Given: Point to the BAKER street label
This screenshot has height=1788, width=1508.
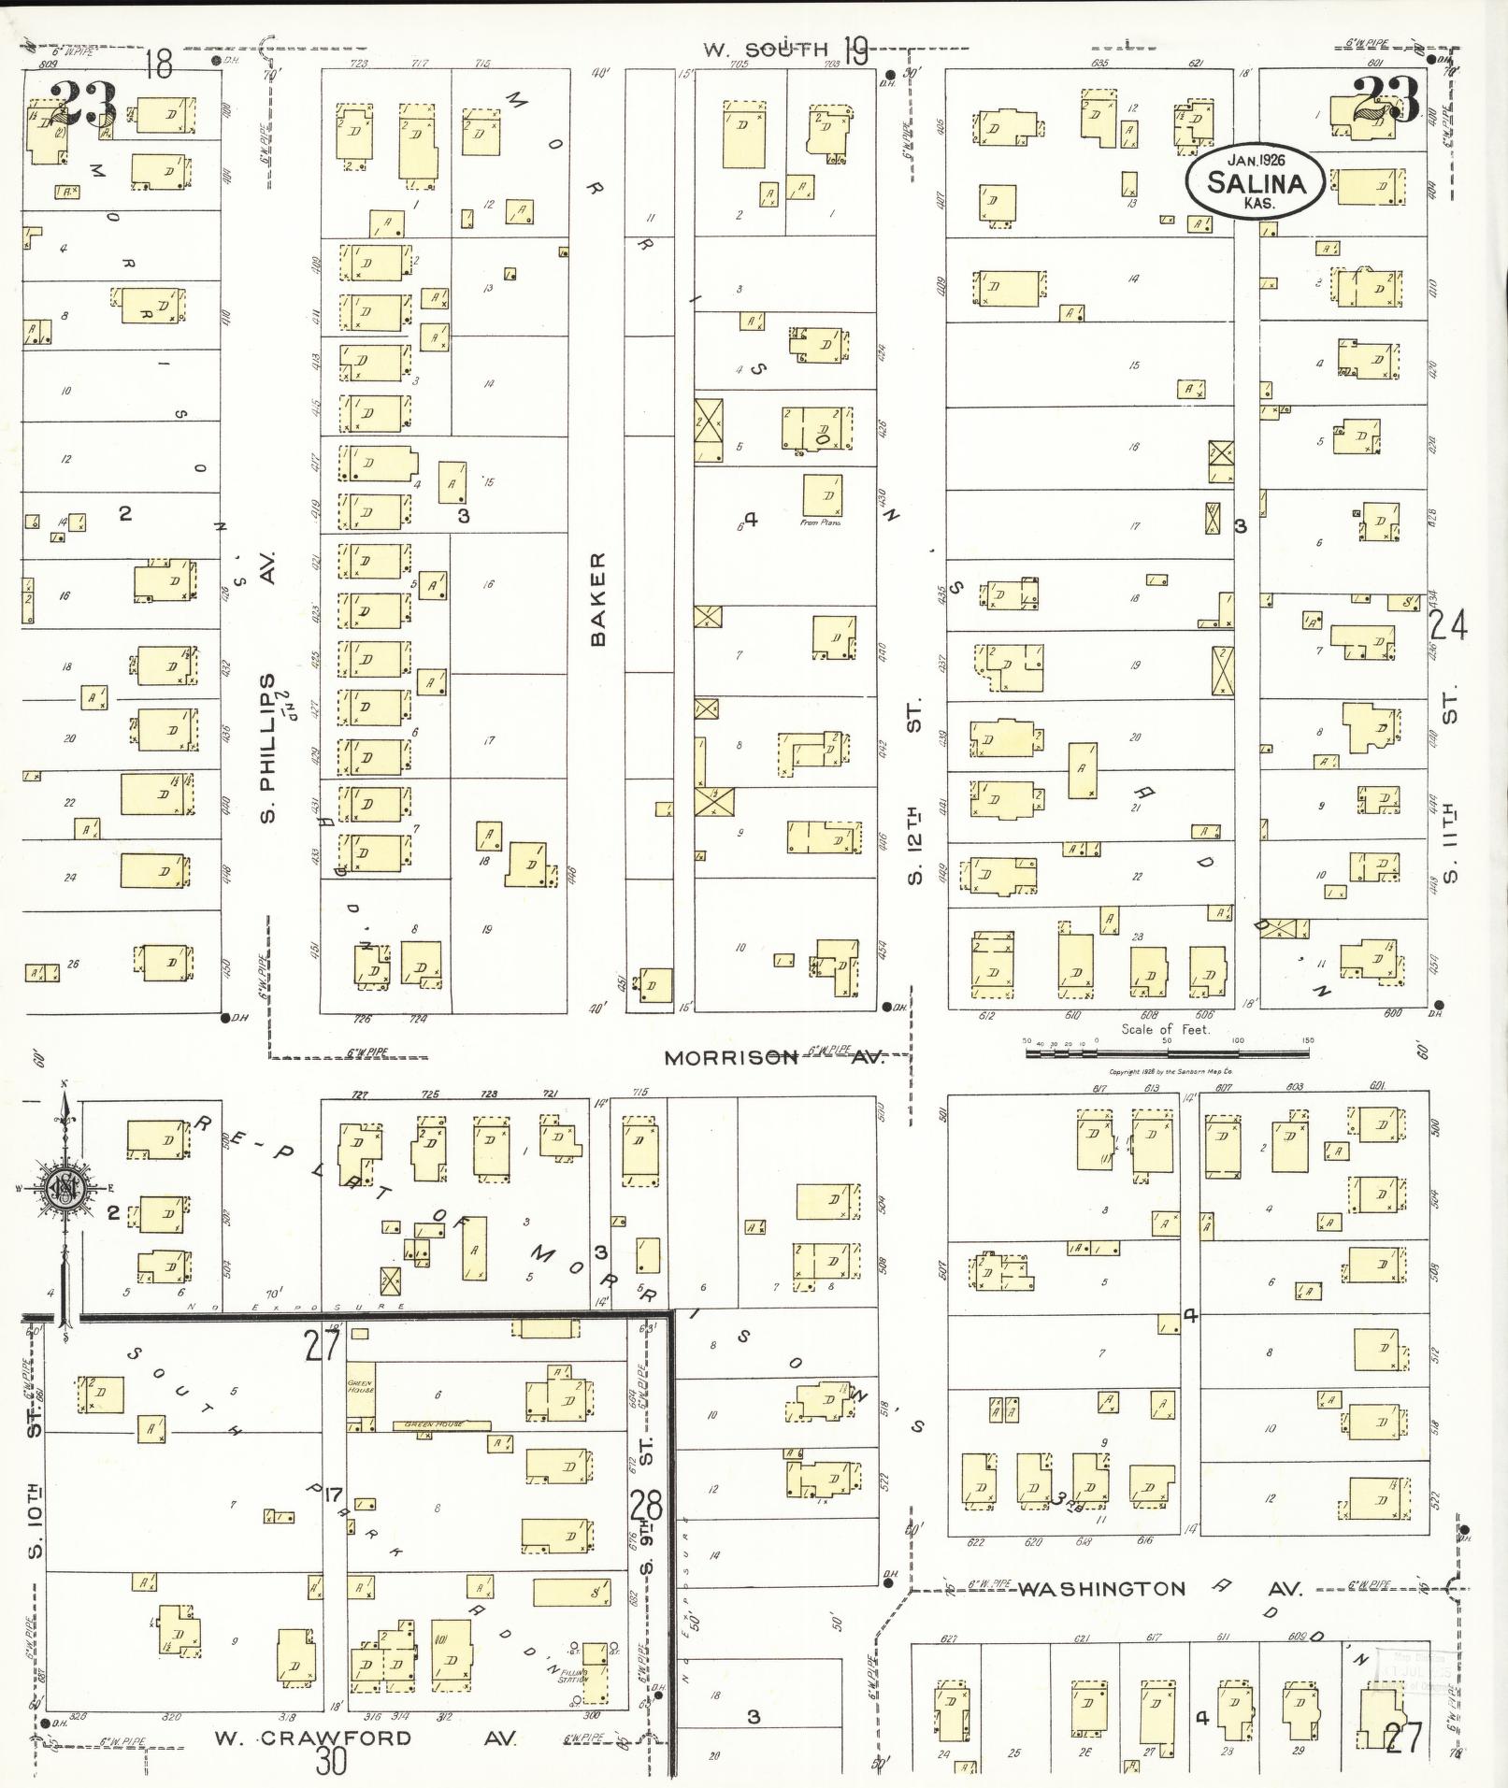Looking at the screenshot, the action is pos(598,598).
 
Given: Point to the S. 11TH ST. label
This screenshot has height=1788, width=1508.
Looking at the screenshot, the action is pos(1449,785).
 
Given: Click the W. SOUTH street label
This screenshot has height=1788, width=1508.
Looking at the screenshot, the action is pos(766,50).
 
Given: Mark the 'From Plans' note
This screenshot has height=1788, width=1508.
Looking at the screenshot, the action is pos(821,522).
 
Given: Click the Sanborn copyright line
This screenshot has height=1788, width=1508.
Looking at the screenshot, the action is pos(1169,1072).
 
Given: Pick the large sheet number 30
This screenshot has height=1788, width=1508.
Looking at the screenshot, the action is pos(331,1762).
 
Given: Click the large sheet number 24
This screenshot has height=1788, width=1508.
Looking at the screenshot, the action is pos(1448,625).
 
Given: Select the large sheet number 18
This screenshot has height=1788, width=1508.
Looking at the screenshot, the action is pos(159,64).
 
